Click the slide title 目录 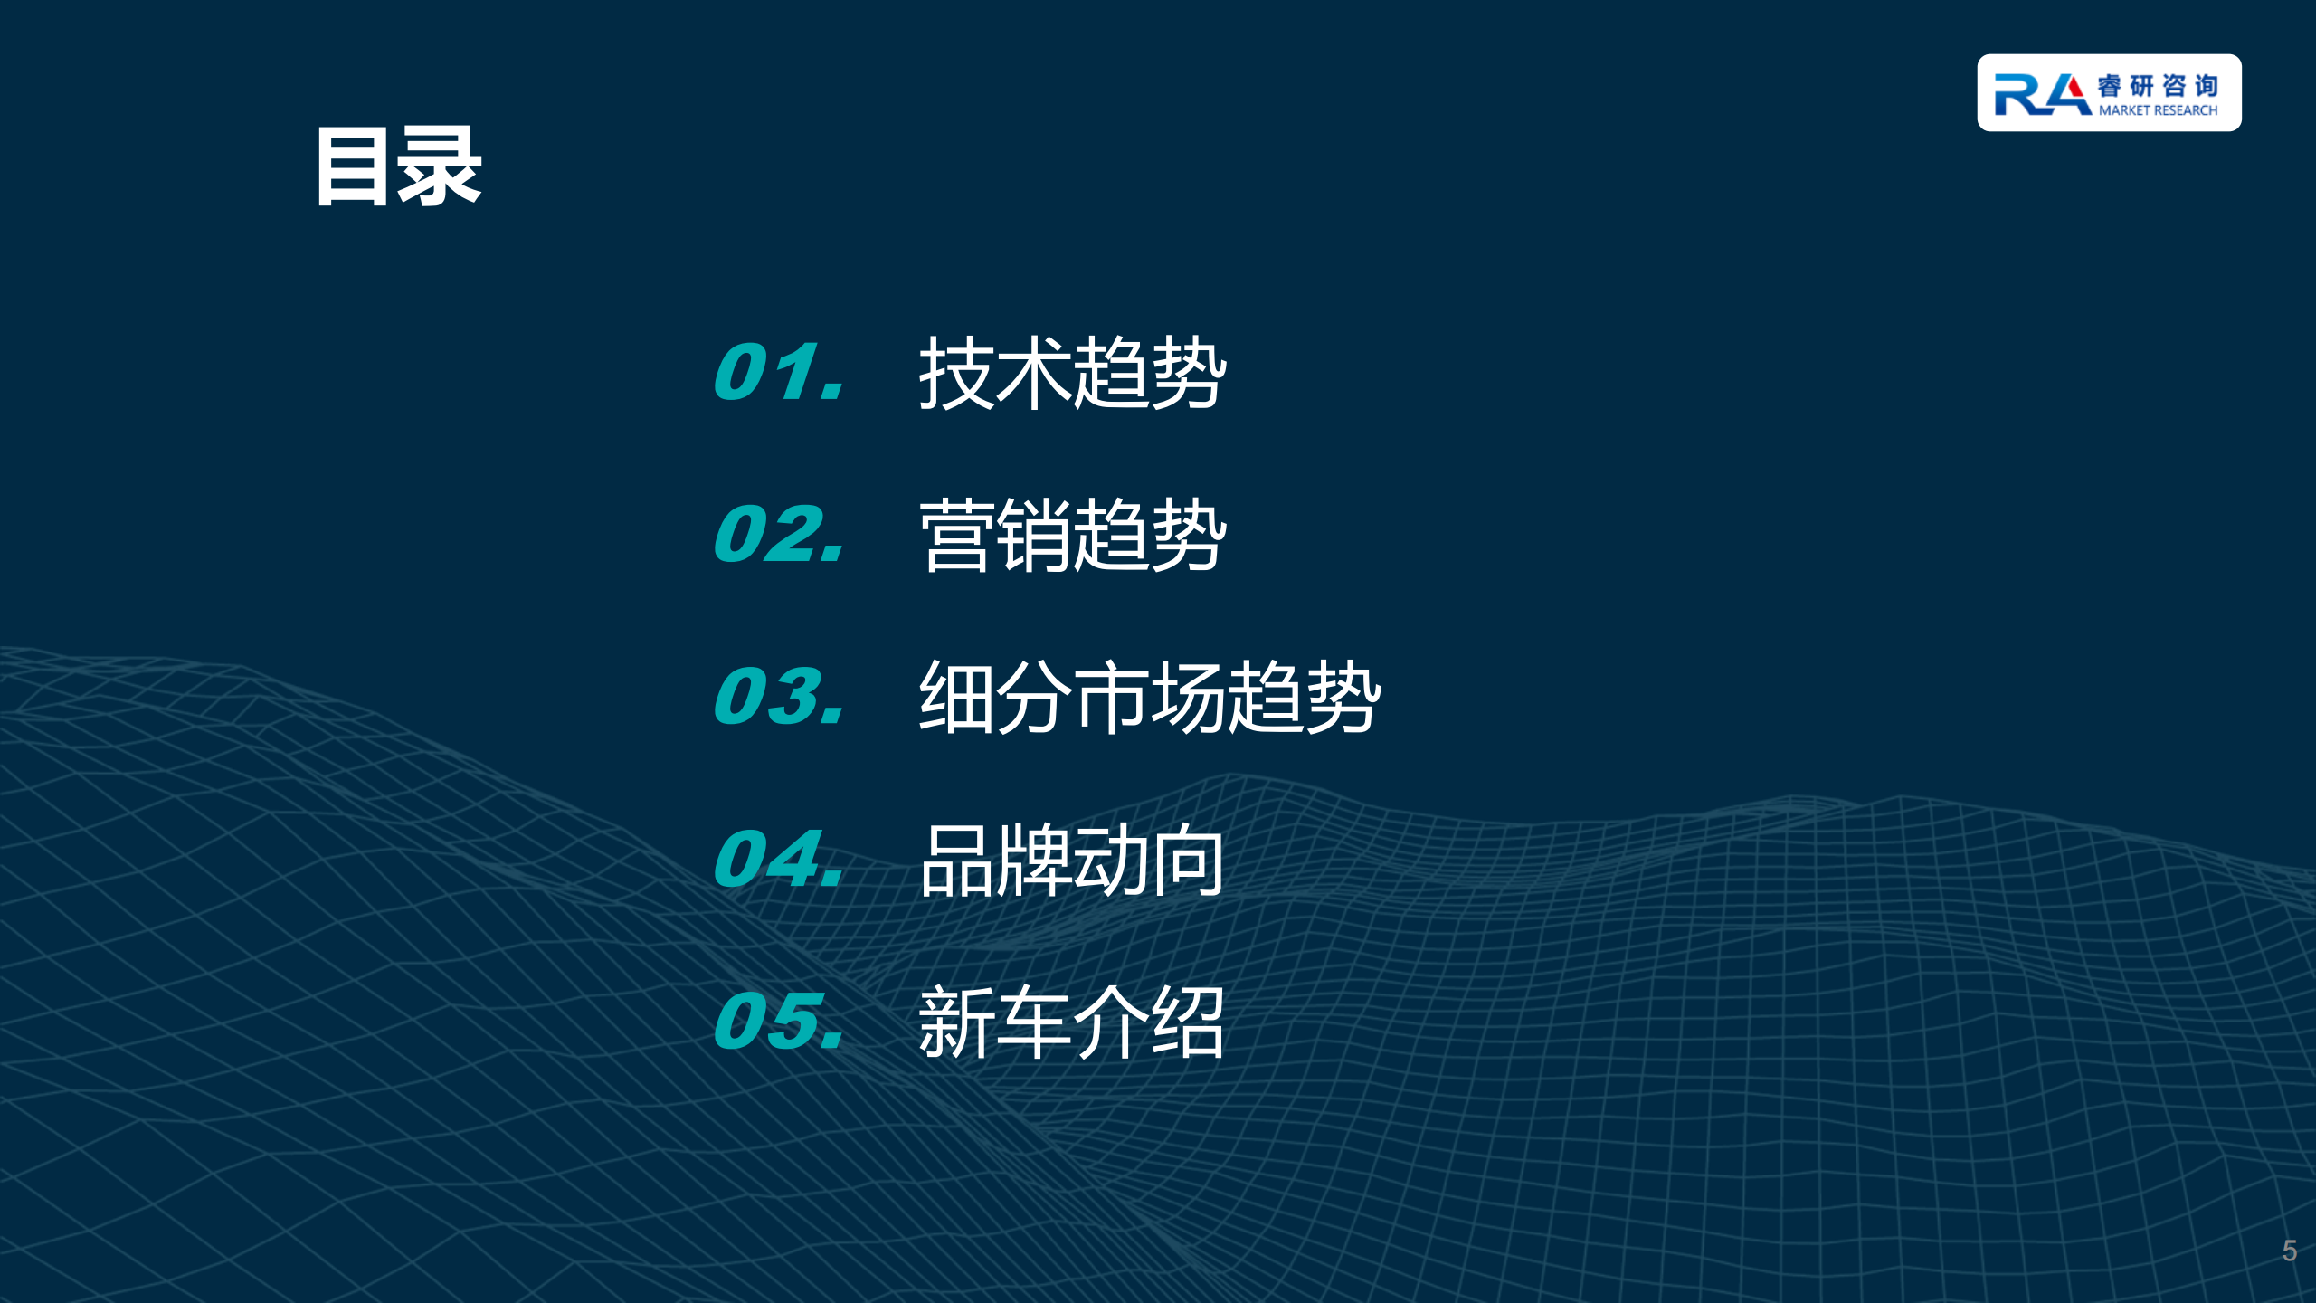coord(399,166)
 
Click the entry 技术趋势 coord(1073,373)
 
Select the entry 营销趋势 coord(1073,535)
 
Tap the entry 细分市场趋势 coord(1150,697)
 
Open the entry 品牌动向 coord(1072,860)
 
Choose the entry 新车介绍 coord(1072,1022)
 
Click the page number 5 coord(2290,1251)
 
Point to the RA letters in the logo coord(2043,95)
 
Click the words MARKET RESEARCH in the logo coord(2158,110)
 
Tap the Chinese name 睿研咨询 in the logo coord(2158,86)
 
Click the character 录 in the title coord(440,166)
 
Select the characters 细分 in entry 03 coord(996,697)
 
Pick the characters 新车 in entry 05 coord(995,1022)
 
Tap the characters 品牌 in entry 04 coord(995,860)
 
